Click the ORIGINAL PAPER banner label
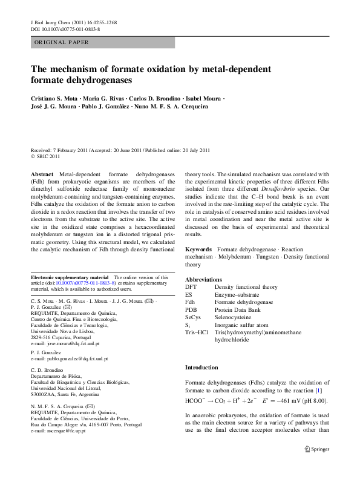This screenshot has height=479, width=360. (x=62, y=42)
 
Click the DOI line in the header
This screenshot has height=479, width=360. (x=65, y=29)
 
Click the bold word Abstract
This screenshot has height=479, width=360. (x=42, y=174)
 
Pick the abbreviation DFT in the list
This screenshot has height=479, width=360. (x=191, y=286)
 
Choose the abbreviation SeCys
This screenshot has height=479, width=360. (x=193, y=317)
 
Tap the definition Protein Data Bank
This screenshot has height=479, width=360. (x=239, y=309)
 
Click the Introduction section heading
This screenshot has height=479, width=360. (x=201, y=368)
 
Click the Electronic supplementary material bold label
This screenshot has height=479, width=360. (x=70, y=277)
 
